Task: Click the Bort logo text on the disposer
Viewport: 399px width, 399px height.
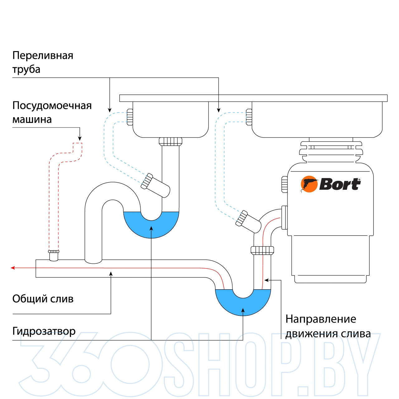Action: [x=340, y=184]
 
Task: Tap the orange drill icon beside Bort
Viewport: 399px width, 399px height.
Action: [x=309, y=184]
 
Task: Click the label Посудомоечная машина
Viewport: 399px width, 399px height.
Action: [x=52, y=112]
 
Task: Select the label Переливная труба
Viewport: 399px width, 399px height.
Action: [x=43, y=62]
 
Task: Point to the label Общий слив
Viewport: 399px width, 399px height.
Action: [x=43, y=299]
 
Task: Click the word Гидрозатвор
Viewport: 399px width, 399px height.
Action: [x=44, y=331]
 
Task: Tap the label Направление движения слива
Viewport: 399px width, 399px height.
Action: [x=328, y=326]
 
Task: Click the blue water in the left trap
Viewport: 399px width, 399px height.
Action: [x=151, y=226]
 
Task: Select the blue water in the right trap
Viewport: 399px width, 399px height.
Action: [x=243, y=304]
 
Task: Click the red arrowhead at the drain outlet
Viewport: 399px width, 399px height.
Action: [x=13, y=268]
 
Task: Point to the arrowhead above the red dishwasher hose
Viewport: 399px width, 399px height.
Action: [x=80, y=139]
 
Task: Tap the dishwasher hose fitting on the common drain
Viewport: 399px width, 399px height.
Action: [x=54, y=255]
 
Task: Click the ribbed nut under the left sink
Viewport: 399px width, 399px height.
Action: [x=171, y=142]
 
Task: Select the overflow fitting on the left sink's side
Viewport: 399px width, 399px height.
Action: [x=130, y=117]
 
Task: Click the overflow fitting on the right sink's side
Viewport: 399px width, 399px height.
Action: [x=249, y=117]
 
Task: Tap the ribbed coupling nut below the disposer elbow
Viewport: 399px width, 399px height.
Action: [x=262, y=250]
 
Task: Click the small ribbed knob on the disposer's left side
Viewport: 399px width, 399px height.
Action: [x=284, y=184]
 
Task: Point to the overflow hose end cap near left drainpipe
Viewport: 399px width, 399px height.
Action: [x=147, y=181]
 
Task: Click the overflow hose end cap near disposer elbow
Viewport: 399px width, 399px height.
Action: [x=241, y=218]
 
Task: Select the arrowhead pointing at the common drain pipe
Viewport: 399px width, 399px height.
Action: [x=111, y=274]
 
